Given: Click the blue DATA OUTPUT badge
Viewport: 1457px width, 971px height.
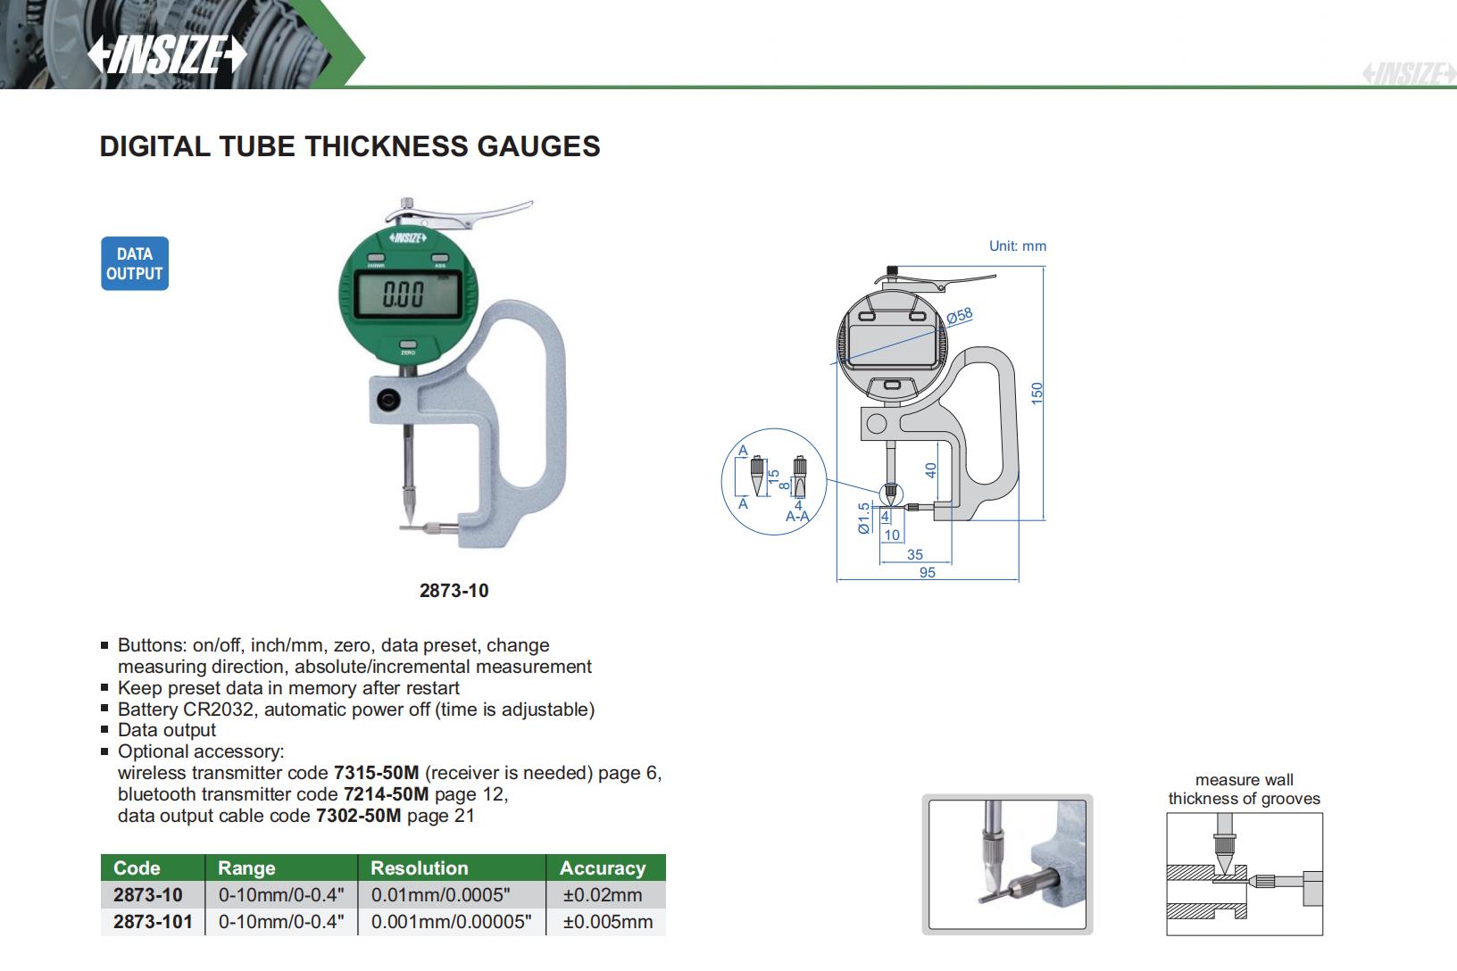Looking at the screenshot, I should click(135, 263).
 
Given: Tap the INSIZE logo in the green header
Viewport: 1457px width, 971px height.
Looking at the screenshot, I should click(167, 55).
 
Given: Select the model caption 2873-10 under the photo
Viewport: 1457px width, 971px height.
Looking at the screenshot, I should click(454, 591).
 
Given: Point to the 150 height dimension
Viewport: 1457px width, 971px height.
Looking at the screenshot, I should click(1037, 393).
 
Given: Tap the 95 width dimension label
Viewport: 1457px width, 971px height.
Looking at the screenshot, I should click(927, 572).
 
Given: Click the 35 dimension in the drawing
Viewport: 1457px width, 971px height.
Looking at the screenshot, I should click(915, 554).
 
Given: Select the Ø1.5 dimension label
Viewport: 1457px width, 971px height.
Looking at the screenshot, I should click(864, 518).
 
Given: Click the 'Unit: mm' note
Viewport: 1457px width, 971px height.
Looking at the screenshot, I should click(1017, 245).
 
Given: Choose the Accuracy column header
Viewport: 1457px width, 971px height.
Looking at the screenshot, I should click(603, 868).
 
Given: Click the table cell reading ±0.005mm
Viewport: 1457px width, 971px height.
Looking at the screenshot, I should click(607, 922).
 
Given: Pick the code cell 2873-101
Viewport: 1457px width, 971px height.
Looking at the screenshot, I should click(153, 922).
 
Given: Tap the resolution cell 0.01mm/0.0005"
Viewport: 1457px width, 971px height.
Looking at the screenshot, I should click(440, 895).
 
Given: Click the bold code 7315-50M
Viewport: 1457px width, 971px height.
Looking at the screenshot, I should click(376, 773).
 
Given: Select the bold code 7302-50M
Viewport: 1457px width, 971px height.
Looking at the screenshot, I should click(359, 816).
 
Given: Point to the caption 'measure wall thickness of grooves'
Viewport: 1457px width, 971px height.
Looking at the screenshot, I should click(1244, 790).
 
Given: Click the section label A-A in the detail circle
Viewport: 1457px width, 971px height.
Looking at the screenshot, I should click(797, 517).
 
